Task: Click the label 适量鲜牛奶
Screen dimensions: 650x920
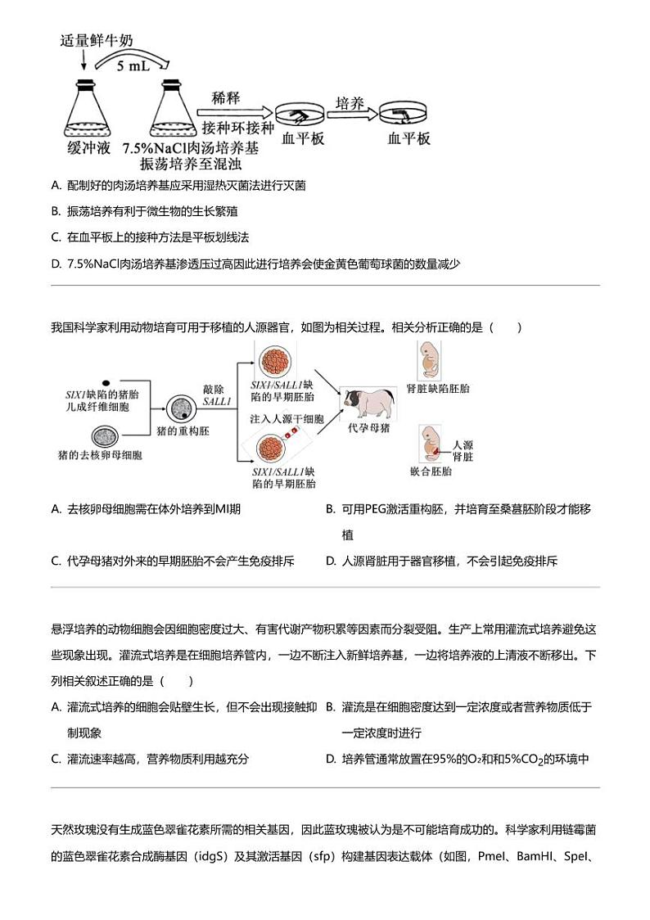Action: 97,41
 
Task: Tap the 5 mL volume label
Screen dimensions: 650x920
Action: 131,65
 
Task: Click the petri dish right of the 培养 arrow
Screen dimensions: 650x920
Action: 406,117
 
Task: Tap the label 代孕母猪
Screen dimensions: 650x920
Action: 368,427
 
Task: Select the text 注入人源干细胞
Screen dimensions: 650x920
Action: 287,418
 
